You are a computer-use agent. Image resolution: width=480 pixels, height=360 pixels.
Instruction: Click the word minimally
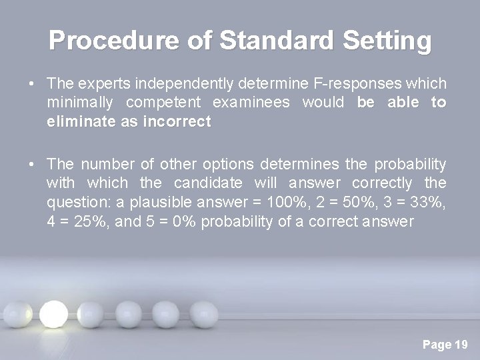[79, 103]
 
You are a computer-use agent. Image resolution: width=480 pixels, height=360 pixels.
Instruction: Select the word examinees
[253, 103]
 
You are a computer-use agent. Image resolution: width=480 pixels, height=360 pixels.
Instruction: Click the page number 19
[461, 345]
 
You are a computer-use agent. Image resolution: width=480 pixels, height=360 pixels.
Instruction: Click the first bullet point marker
[32, 85]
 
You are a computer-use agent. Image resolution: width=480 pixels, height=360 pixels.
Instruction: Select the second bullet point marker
[32, 165]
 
